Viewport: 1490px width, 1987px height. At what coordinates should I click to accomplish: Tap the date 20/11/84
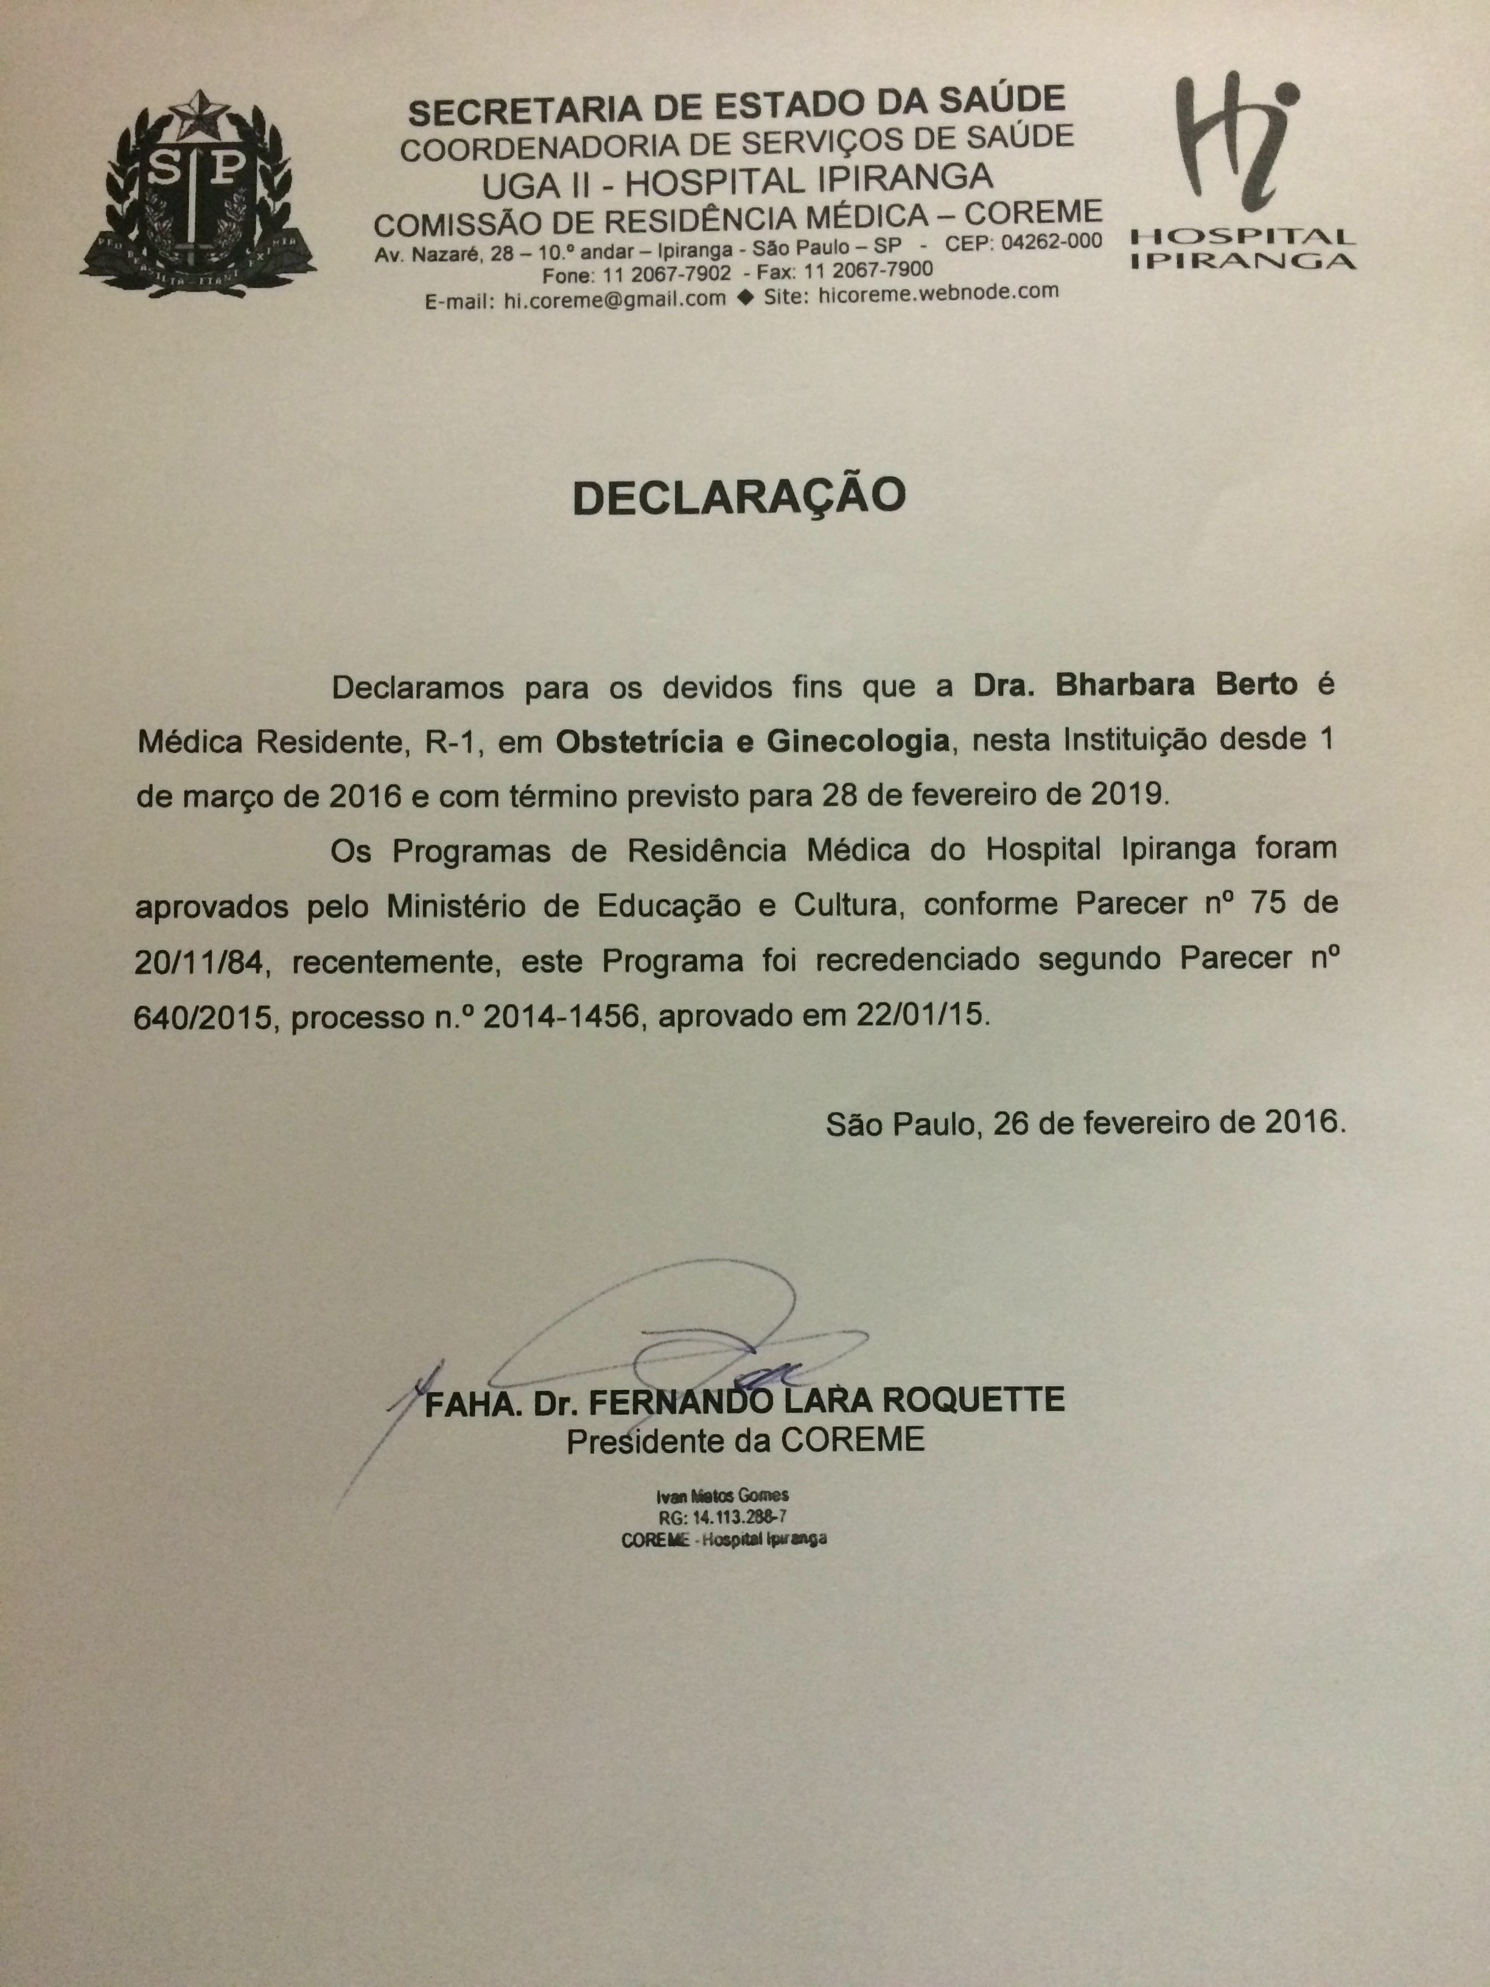click(200, 962)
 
